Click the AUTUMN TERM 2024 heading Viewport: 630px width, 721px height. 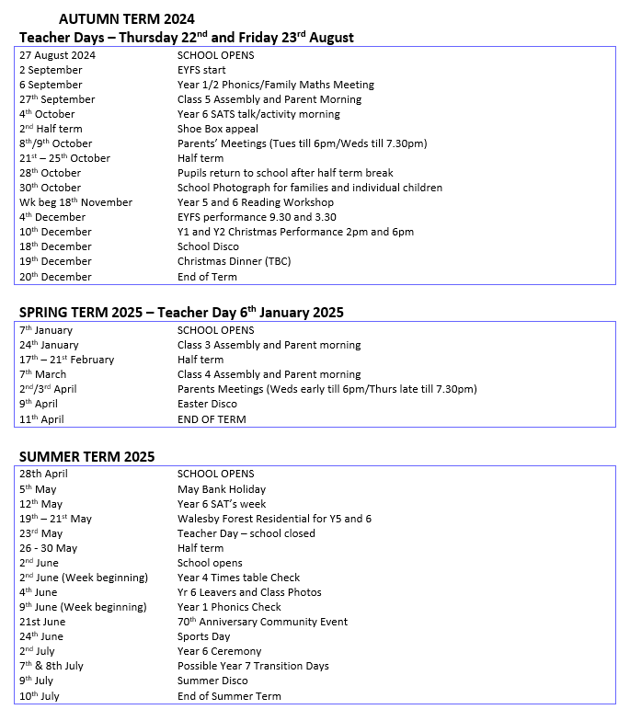click(126, 18)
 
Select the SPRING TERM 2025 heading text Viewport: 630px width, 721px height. click(181, 313)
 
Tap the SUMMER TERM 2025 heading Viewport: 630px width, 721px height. click(86, 456)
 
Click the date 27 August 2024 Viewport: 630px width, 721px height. click(57, 55)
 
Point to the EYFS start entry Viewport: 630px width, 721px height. click(201, 70)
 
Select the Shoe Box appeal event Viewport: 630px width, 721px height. click(217, 129)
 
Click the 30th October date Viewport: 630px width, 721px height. click(50, 188)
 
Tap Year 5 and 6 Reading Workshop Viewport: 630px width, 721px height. click(255, 202)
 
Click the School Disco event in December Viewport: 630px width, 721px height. click(208, 246)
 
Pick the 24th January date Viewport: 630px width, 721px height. click(49, 345)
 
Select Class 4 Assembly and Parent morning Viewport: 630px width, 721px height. click(269, 374)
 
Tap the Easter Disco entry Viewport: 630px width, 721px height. click(207, 404)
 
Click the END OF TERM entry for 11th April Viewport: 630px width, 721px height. click(212, 419)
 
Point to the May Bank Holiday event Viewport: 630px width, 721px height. click(221, 489)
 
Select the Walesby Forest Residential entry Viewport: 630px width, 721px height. click(274, 519)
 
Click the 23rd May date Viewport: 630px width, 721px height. click(41, 533)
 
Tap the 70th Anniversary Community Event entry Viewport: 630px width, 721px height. click(262, 622)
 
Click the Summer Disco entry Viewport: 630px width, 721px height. click(212, 681)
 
